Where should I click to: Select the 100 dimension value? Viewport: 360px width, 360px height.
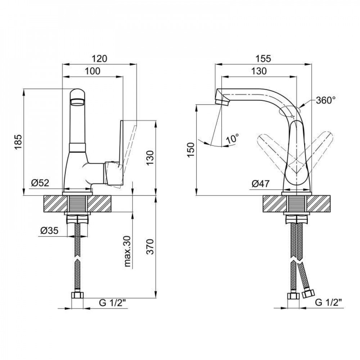93,71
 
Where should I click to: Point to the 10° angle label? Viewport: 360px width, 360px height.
233,138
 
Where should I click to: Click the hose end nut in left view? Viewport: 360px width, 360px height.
77,296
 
